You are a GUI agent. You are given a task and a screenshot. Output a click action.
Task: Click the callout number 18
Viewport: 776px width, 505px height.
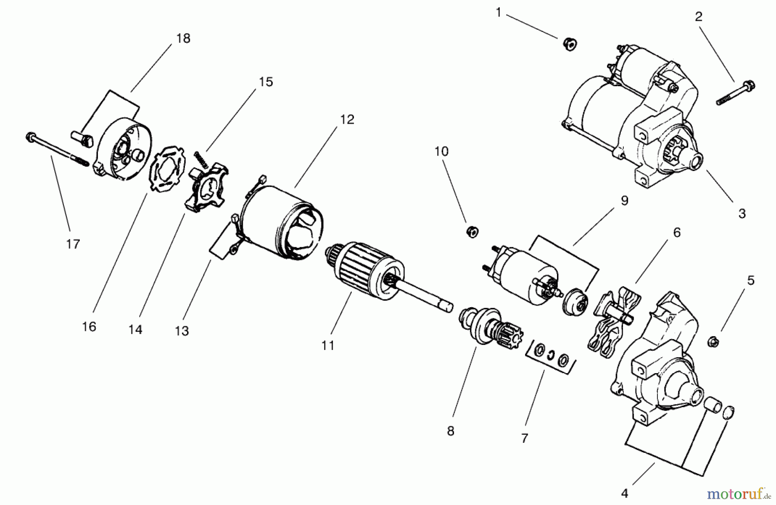(183, 38)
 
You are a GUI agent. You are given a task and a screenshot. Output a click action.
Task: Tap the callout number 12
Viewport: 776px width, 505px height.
(347, 119)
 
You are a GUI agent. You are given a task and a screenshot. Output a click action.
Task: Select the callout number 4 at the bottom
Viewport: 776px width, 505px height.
(625, 493)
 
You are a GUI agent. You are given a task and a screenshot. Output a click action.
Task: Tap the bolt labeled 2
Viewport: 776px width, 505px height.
(735, 93)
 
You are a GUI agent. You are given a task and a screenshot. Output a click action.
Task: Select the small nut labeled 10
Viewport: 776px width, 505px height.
(472, 231)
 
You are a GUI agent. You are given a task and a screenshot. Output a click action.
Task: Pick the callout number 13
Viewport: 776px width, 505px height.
(181, 331)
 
